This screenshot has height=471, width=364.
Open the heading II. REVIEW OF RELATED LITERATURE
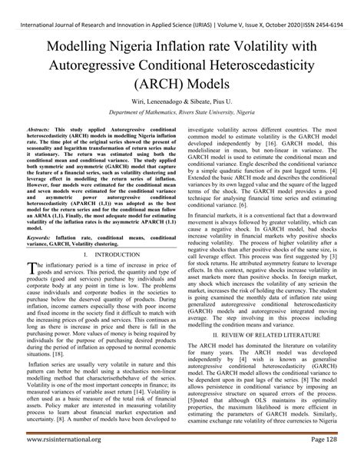pos(271,336)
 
